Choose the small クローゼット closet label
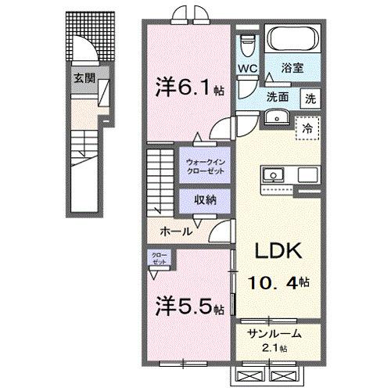[x=159, y=259]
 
